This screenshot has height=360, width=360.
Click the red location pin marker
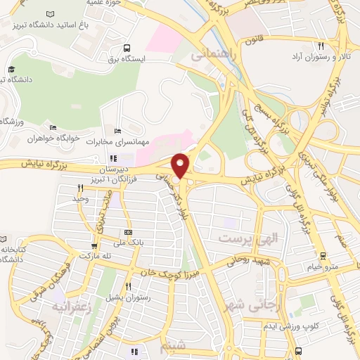pos(181,165)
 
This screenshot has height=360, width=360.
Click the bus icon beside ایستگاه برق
pos(126,49)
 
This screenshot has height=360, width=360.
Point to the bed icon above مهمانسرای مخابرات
pos(117,131)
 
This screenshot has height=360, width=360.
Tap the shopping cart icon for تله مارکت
pos(94,246)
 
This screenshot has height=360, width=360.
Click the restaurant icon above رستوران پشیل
pos(127,286)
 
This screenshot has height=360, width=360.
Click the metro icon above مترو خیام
pos(323,255)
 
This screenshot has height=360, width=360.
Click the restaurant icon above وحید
pos(81,188)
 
